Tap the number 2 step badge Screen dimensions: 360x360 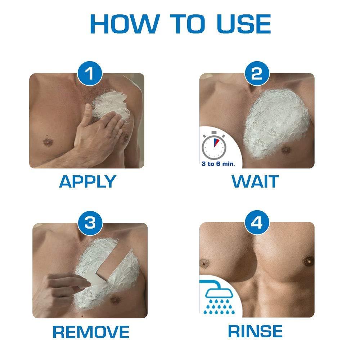256,74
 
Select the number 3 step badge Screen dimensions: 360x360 90,223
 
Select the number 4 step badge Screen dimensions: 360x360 256,223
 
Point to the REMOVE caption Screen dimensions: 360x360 91,332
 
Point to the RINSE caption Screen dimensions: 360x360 255,331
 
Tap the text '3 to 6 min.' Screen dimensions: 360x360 218,164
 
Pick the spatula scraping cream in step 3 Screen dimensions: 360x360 94,279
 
